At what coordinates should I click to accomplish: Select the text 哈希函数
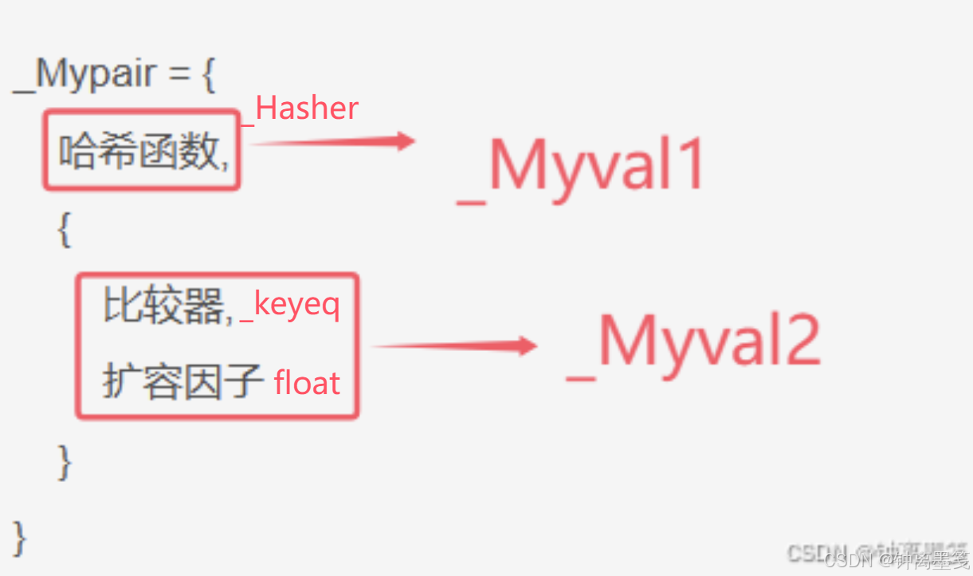coord(138,152)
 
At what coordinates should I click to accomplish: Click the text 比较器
coord(163,306)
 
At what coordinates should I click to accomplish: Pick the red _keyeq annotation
coord(291,306)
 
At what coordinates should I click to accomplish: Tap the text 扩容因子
coord(182,383)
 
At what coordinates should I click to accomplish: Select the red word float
coord(307,384)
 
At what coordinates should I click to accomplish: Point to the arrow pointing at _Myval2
coord(454,345)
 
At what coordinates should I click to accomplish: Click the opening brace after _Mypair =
coord(208,76)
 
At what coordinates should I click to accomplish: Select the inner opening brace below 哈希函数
coord(64,231)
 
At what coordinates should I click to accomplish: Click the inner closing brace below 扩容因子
coord(65,460)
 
